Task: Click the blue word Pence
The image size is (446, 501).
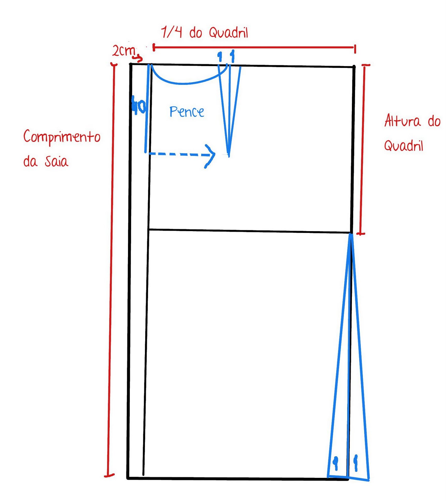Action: coord(187,112)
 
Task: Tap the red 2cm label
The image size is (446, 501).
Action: coord(124,51)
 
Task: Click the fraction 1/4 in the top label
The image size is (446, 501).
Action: coord(171,32)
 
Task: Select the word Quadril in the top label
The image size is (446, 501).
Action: coord(228,33)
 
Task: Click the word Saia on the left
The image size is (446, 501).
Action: coord(56,162)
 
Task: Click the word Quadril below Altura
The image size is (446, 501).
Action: coord(404,146)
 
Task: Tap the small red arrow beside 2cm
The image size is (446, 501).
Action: coord(138,58)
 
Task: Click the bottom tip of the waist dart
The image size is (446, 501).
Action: coord(229,155)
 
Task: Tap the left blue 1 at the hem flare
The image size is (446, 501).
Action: coord(336,463)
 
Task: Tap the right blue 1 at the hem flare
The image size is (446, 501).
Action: coord(356,463)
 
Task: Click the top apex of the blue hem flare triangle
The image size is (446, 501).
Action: coord(350,235)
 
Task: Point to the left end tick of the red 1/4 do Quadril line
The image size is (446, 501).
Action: coord(154,48)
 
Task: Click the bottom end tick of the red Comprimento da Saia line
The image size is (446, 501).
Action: coord(109,476)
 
